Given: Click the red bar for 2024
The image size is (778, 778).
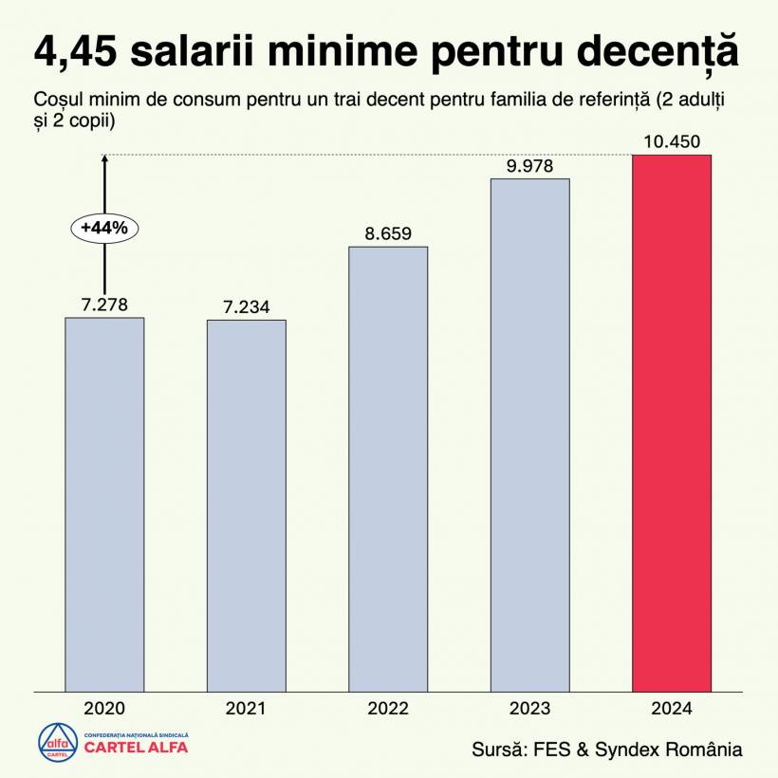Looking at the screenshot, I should (x=672, y=423).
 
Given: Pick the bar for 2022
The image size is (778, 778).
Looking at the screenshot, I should (x=388, y=470).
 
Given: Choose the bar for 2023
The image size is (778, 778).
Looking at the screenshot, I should (x=529, y=435).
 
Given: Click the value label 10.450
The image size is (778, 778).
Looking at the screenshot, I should (x=672, y=142).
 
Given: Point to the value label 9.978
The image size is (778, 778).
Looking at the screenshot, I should (x=529, y=166).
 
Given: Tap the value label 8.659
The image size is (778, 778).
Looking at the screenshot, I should (x=388, y=234).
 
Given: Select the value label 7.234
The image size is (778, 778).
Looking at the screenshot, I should (x=247, y=307).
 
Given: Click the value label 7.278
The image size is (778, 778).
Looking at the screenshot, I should (x=104, y=305).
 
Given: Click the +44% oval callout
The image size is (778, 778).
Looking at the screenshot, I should (x=104, y=229).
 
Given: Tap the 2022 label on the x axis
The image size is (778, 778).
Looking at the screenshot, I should (x=388, y=709).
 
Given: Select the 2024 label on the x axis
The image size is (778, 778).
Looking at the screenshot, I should (x=672, y=709).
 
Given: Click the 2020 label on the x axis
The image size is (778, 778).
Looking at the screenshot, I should (x=104, y=709).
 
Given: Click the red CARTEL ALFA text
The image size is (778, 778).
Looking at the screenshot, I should (x=136, y=748).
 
